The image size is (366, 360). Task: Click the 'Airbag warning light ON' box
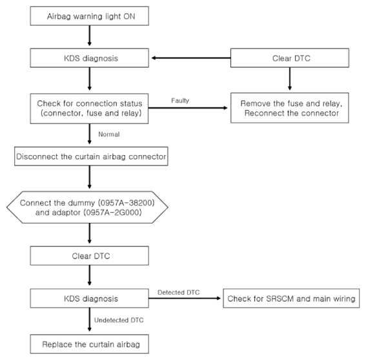point(89,16)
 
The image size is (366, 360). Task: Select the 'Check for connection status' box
point(89,109)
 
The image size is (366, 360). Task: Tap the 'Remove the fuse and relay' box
point(290,108)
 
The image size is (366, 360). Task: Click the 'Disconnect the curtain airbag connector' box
point(91,156)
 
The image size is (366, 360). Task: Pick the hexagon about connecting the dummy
point(87,207)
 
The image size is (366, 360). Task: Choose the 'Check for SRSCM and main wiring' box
point(291,299)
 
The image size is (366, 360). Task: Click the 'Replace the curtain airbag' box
point(89,344)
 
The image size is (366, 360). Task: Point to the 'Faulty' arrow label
point(180,101)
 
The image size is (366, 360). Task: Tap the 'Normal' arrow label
point(109,134)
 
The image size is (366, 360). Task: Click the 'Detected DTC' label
point(179,292)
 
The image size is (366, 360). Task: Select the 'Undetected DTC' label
point(119,320)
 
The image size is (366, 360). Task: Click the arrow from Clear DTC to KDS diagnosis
point(191,58)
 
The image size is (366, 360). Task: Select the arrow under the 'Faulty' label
point(188,108)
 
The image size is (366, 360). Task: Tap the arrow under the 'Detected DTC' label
point(185,298)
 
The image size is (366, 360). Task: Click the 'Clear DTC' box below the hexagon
point(89,256)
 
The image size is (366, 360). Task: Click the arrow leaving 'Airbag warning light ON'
point(89,36)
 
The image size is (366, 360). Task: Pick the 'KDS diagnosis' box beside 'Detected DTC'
point(89,299)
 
